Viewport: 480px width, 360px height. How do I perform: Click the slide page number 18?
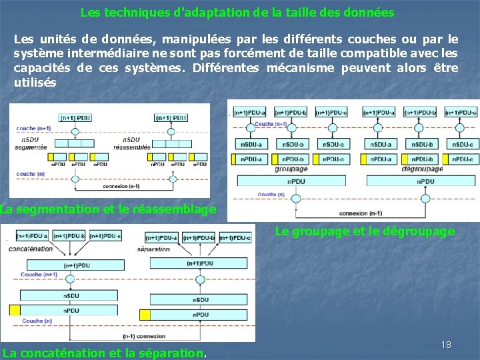tap(446, 345)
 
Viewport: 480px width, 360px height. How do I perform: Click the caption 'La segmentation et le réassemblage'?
tap(108, 209)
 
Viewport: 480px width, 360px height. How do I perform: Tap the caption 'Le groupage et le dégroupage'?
tap(365, 231)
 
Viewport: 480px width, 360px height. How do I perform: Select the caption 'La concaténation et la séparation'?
tap(104, 353)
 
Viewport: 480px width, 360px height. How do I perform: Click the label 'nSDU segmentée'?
tap(31, 143)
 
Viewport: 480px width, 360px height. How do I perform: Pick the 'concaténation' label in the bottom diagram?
tap(31, 249)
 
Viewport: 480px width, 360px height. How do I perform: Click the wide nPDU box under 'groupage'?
tap(297, 181)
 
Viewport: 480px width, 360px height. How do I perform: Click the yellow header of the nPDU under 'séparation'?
tap(145, 314)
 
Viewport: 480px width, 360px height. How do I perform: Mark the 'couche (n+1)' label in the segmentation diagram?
tap(33, 128)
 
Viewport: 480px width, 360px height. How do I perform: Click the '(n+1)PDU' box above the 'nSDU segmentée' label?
tap(75, 118)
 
